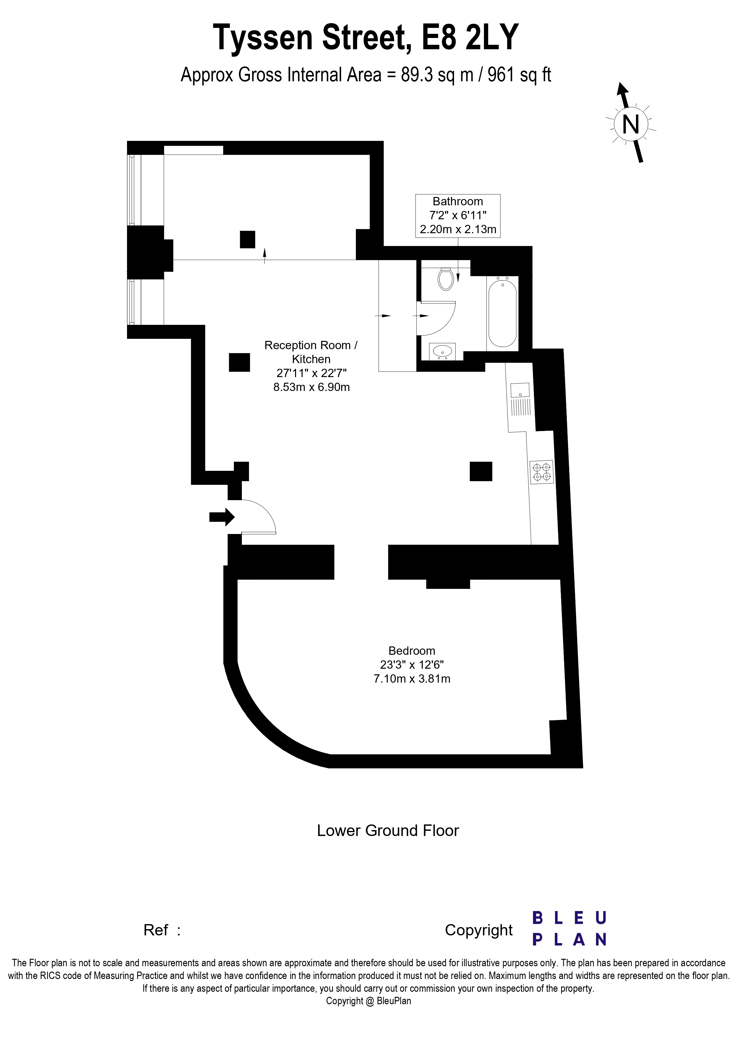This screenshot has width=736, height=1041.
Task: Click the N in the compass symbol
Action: tap(631, 123)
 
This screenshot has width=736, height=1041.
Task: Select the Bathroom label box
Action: tap(458, 215)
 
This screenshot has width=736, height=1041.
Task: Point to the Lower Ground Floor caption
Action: tap(387, 831)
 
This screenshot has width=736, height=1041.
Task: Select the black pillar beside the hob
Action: tap(481, 471)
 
